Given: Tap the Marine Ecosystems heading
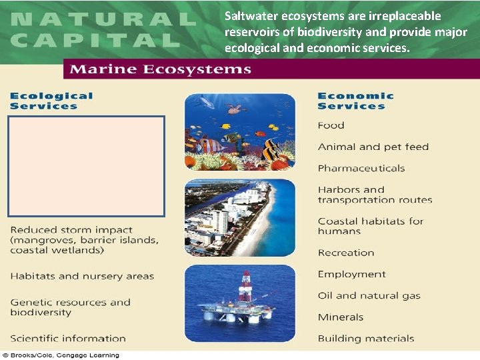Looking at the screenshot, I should click(161, 69).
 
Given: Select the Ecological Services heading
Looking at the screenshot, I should click(51, 101).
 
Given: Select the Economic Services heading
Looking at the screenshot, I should click(355, 101).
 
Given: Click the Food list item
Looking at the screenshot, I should click(331, 125).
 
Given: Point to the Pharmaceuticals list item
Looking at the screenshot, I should click(361, 168).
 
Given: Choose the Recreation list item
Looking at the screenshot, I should click(345, 253).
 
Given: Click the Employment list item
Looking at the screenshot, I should click(351, 274).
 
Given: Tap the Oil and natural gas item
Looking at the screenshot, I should click(369, 295).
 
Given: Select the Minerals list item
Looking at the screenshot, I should click(340, 317).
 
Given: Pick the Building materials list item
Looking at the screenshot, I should click(365, 338).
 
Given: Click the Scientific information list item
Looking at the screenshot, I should click(68, 338).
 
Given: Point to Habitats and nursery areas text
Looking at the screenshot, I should click(82, 276).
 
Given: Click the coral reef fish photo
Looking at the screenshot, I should click(239, 131).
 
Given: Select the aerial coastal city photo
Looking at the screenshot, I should click(239, 218).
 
